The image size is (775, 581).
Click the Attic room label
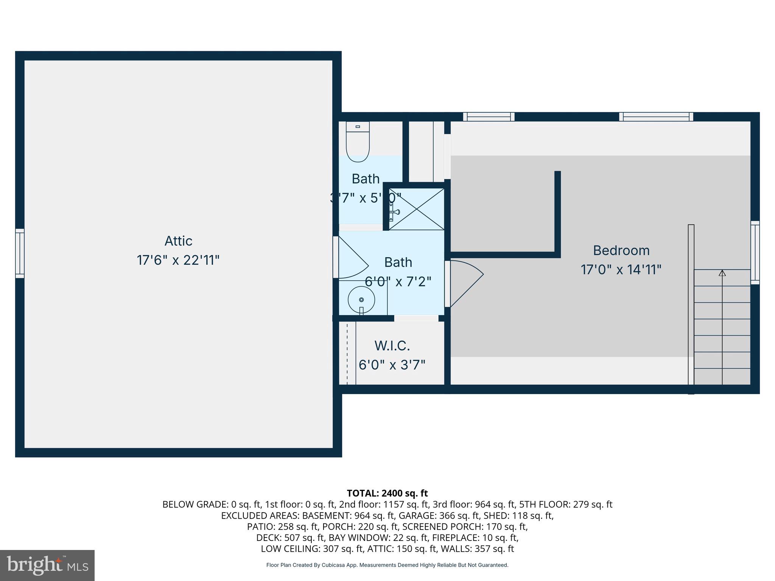coord(178,241)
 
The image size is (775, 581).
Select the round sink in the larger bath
coord(361,300)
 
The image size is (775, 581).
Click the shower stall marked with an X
coord(417,209)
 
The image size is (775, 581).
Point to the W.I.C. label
coord(392,346)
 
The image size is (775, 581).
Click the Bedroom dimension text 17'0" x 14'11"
coord(621,270)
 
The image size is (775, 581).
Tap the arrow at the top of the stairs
coord(722,273)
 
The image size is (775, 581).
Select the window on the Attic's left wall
coord(20,253)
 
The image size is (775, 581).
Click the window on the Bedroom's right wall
coord(755,253)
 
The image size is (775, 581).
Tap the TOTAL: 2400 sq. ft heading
coord(387,493)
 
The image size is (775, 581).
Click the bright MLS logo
coord(47,565)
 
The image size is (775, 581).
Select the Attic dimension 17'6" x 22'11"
coord(178,260)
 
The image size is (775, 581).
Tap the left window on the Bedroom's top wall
coord(489,117)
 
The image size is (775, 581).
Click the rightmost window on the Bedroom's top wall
coord(656,117)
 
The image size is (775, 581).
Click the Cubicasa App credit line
coord(387,565)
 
